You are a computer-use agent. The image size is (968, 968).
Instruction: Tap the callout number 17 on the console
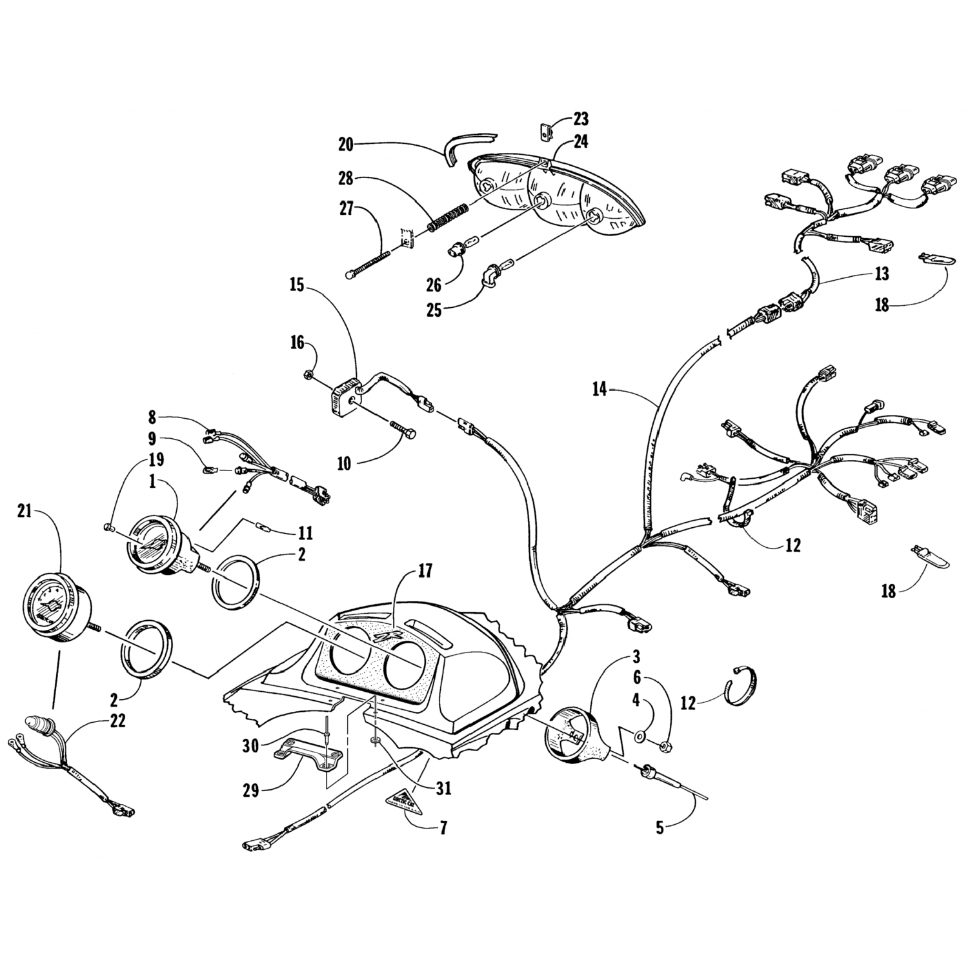425,570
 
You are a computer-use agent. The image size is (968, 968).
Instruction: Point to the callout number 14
601,389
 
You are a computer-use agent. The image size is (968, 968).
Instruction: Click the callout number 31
443,788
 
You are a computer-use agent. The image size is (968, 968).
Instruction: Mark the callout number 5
660,827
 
